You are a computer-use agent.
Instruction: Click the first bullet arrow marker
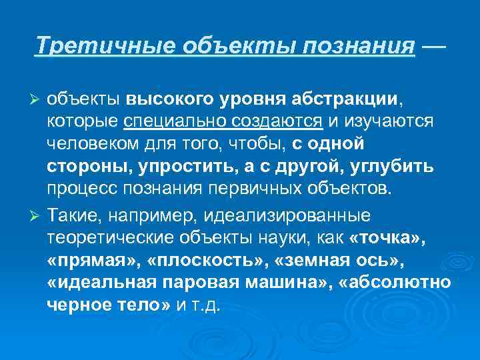[x=37, y=99]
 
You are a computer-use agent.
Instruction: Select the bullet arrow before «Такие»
[x=37, y=217]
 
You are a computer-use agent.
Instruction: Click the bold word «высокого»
[x=164, y=99]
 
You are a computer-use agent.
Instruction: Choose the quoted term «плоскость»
[x=182, y=261]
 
